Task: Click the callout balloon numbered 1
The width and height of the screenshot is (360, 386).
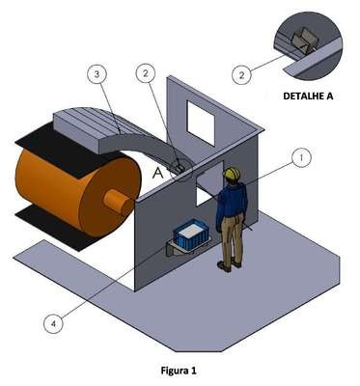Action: click(x=301, y=159)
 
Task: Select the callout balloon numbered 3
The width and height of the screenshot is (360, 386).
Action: click(x=97, y=74)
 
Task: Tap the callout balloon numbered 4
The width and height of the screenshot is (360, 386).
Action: click(x=54, y=324)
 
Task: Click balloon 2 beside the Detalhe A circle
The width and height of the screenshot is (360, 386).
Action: click(x=241, y=75)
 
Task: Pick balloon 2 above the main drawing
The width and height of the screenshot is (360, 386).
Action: click(x=146, y=73)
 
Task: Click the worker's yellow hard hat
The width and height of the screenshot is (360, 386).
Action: click(x=233, y=173)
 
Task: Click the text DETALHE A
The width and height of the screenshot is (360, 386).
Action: click(x=308, y=96)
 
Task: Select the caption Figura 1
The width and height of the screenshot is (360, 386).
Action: click(x=179, y=371)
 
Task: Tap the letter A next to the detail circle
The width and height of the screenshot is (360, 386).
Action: click(x=158, y=173)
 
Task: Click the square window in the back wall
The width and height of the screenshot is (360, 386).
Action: click(x=201, y=123)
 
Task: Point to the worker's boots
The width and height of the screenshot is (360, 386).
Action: click(x=229, y=265)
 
